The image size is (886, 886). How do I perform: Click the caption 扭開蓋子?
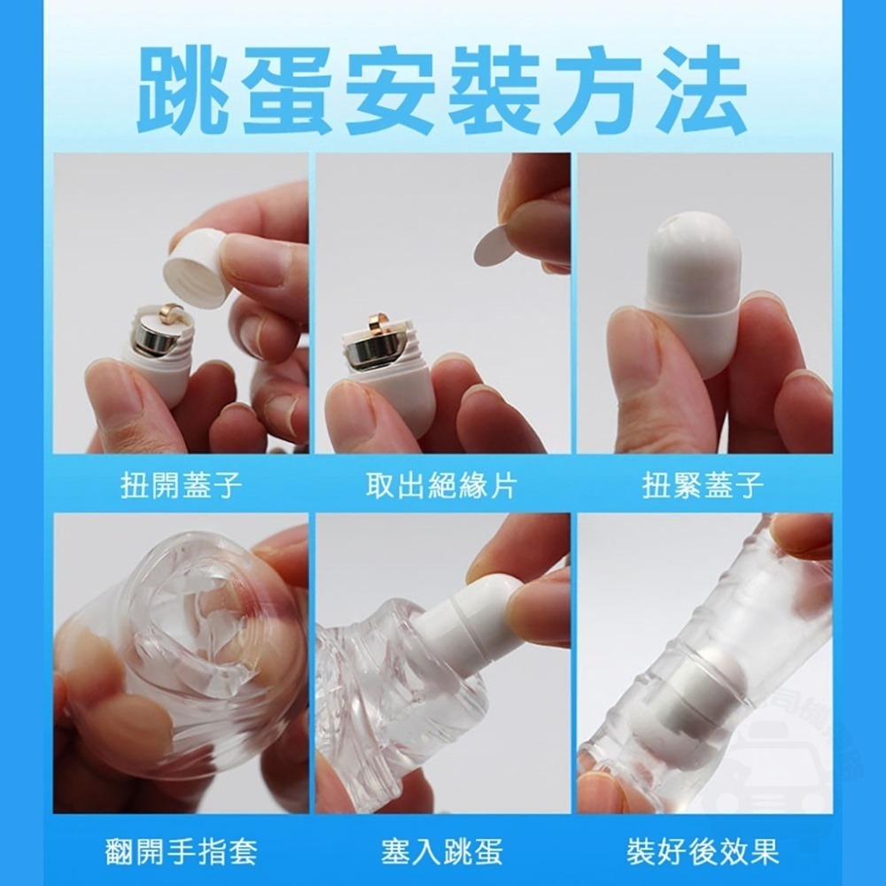tap(181, 486)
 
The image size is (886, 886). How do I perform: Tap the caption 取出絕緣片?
tap(442, 486)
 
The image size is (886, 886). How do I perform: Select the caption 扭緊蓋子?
tap(703, 486)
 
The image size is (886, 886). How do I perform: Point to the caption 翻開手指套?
tap(181, 852)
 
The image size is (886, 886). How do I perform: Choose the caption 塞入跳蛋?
tap(442, 852)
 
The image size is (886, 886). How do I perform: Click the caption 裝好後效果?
tap(703, 852)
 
